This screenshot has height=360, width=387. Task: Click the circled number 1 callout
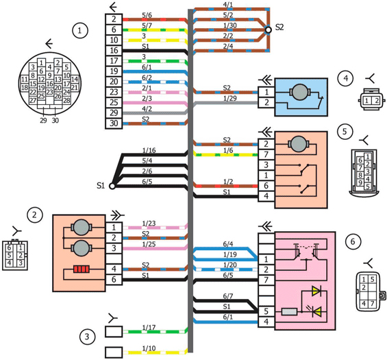tap(79, 31)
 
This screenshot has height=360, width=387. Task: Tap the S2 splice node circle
tap(268, 30)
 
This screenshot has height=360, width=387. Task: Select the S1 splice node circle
tap(112, 186)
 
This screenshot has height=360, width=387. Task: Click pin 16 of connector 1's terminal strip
tap(114, 51)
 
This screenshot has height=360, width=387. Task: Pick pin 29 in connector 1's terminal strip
tap(114, 113)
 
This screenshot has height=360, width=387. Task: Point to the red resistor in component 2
tap(82, 269)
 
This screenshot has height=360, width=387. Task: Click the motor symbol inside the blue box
tap(299, 93)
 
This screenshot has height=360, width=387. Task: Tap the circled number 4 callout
tap(345, 78)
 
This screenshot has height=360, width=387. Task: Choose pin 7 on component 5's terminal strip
tap(266, 154)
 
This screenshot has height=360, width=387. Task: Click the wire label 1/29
tap(229, 98)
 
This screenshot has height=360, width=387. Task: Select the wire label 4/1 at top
tap(228, 4)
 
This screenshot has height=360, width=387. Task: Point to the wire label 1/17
tap(149, 327)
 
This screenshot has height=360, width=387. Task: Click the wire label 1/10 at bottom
tap(149, 348)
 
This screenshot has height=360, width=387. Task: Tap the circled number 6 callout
tap(353, 241)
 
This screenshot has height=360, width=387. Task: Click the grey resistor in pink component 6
tap(289, 312)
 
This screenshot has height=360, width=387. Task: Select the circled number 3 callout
tap(86, 337)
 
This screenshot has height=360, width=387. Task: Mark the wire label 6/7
tap(228, 296)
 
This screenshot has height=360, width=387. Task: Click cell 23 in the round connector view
tap(49, 92)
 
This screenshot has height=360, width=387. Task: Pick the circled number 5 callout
tap(345, 131)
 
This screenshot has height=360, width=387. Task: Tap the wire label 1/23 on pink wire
tap(149, 224)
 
